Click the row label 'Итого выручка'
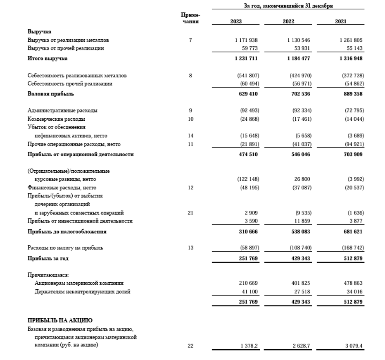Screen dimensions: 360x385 tap(48, 59)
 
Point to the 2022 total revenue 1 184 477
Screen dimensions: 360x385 tap(299, 59)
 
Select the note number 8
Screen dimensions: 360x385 tap(190, 76)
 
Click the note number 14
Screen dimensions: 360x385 tap(190, 136)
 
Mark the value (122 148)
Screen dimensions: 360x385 tap(247, 179)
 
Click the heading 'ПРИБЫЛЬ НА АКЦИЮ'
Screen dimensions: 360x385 tap(60, 321)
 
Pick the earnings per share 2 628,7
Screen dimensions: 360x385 tap(300, 346)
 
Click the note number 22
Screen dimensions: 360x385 tap(190, 346)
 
